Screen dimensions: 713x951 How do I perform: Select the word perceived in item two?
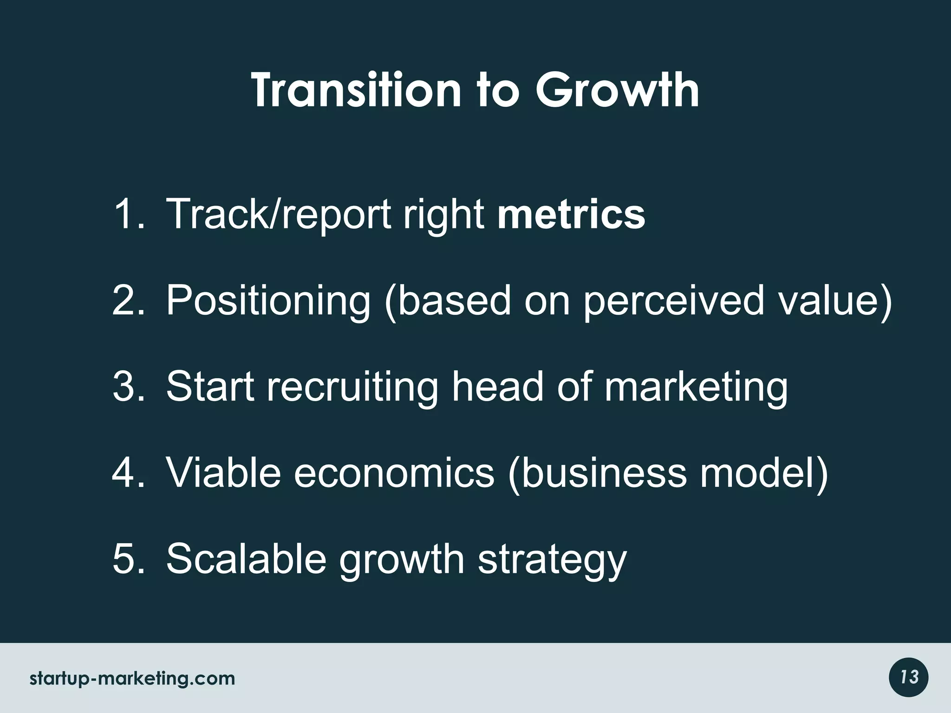pyautogui.click(x=673, y=300)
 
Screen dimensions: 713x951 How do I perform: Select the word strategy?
pyautogui.click(x=552, y=560)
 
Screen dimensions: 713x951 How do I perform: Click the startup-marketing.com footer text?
pyautogui.click(x=132, y=679)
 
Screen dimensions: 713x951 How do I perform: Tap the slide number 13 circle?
pyautogui.click(x=909, y=677)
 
